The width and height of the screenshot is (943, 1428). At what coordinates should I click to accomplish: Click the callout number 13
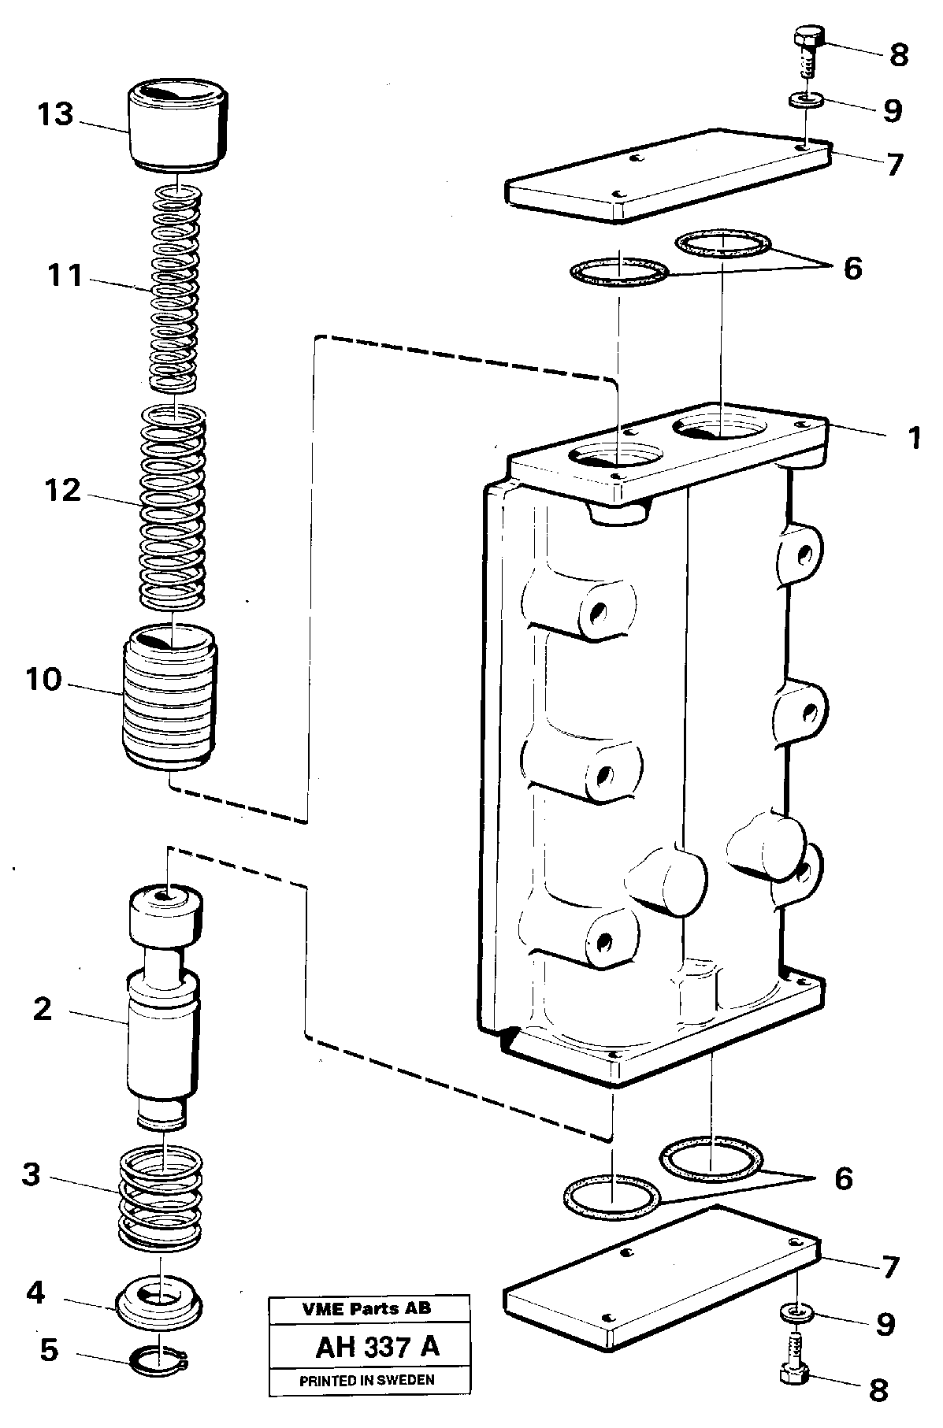click(54, 115)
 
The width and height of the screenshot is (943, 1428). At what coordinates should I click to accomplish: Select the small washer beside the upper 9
click(806, 102)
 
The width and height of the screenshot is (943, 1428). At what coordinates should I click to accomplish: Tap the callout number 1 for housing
click(914, 438)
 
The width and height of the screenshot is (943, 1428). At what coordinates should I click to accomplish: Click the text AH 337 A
click(377, 1348)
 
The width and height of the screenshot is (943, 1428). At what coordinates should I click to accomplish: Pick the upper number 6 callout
click(852, 269)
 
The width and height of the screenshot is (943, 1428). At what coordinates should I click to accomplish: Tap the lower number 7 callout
click(889, 1267)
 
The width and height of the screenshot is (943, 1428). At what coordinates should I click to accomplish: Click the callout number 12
click(63, 491)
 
